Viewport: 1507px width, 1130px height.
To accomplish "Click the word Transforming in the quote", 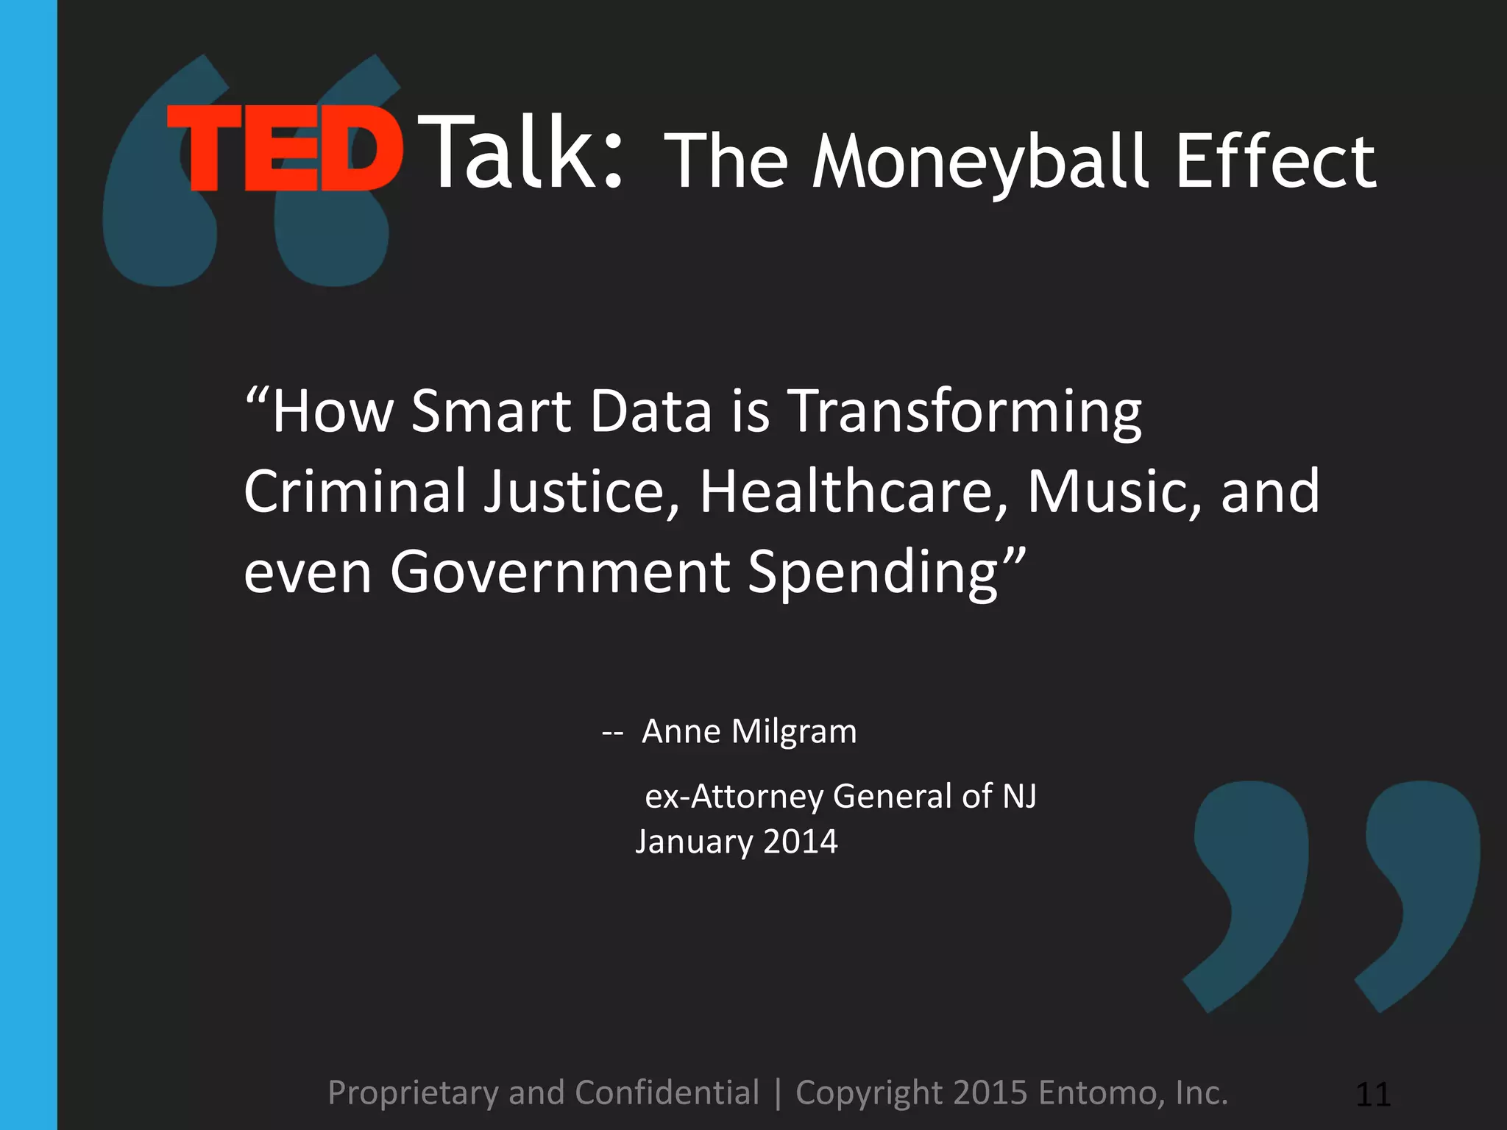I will (x=965, y=412).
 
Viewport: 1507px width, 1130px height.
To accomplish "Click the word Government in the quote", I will (x=560, y=572).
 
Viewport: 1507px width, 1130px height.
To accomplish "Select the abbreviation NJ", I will (x=1019, y=796).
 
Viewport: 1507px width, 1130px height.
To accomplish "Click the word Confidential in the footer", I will (x=667, y=1092).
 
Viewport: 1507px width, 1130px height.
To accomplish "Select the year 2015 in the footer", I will (x=990, y=1092).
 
